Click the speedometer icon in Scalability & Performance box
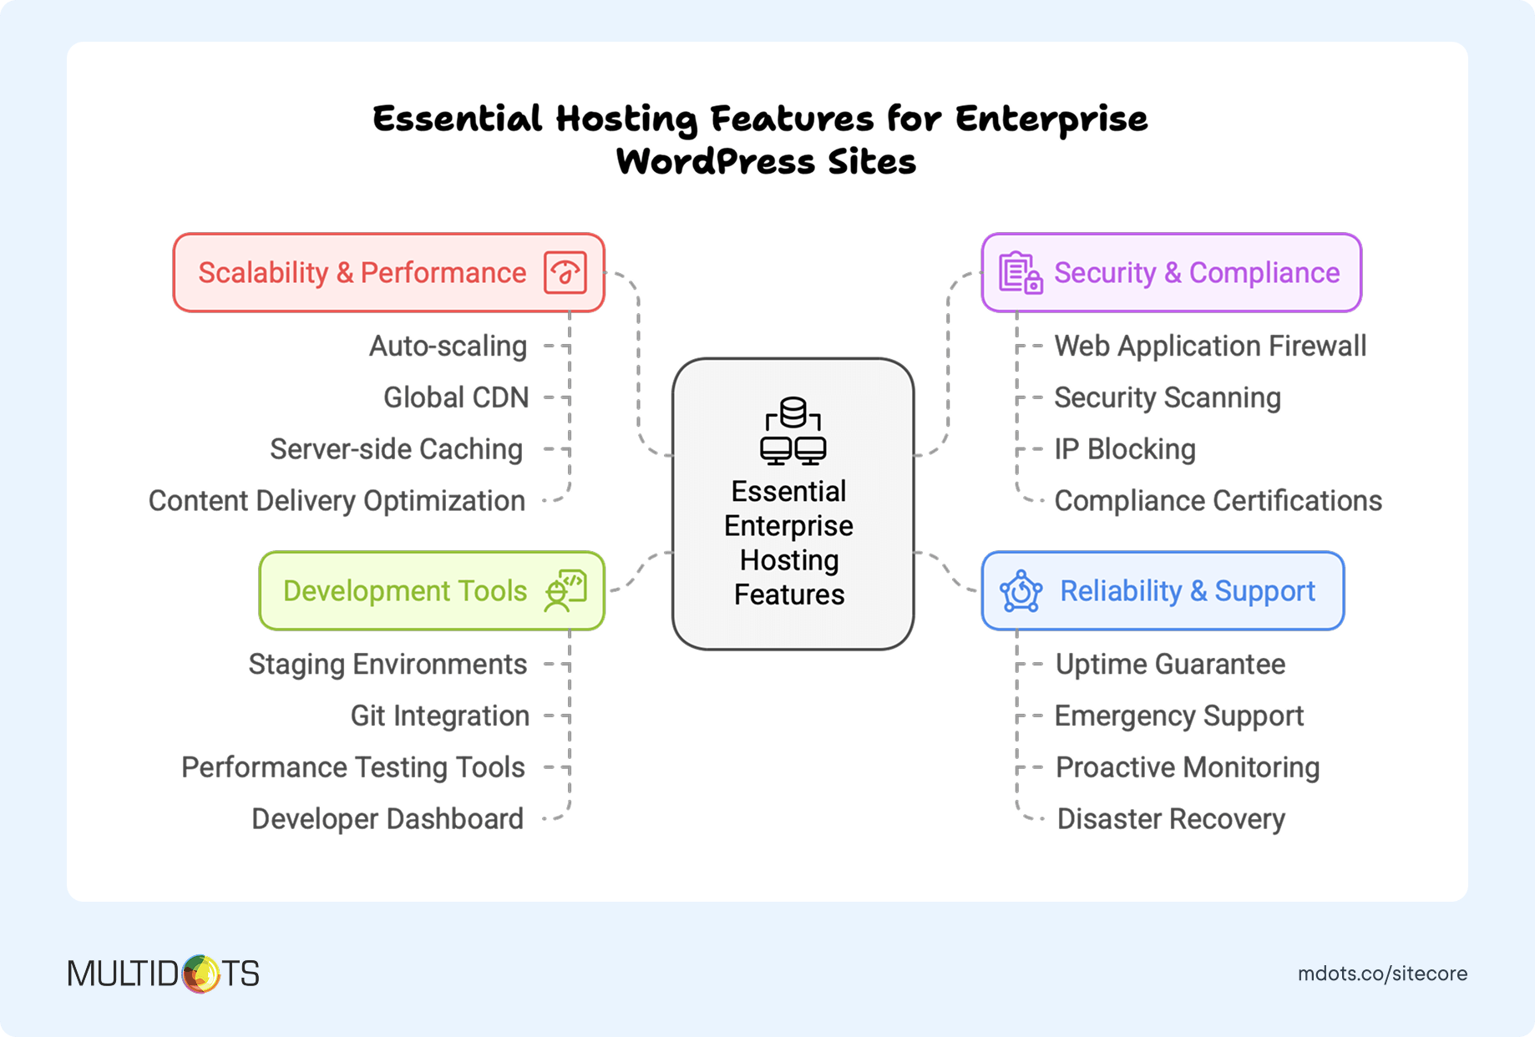pyautogui.click(x=565, y=273)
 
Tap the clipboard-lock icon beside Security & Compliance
pyautogui.click(x=1020, y=273)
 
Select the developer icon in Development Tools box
pyautogui.click(x=565, y=591)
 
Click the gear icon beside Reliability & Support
pyautogui.click(x=1021, y=591)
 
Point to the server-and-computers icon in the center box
pyautogui.click(x=793, y=431)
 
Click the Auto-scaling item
pyautogui.click(x=448, y=347)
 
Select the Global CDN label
pyautogui.click(x=456, y=398)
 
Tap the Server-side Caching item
pyautogui.click(x=396, y=449)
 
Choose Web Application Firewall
pyautogui.click(x=1210, y=347)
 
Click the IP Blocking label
pyautogui.click(x=1124, y=449)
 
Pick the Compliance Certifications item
pyautogui.click(x=1218, y=501)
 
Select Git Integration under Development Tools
pyautogui.click(x=439, y=716)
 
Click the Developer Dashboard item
pyautogui.click(x=388, y=819)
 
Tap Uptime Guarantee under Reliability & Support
pyautogui.click(x=1170, y=665)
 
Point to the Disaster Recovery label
pyautogui.click(x=1171, y=819)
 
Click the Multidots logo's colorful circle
pyautogui.click(x=200, y=974)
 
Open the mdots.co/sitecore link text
pyautogui.click(x=1382, y=974)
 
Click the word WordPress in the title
pyautogui.click(x=715, y=162)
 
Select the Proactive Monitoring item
pyautogui.click(x=1187, y=767)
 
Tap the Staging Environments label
pyautogui.click(x=388, y=665)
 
